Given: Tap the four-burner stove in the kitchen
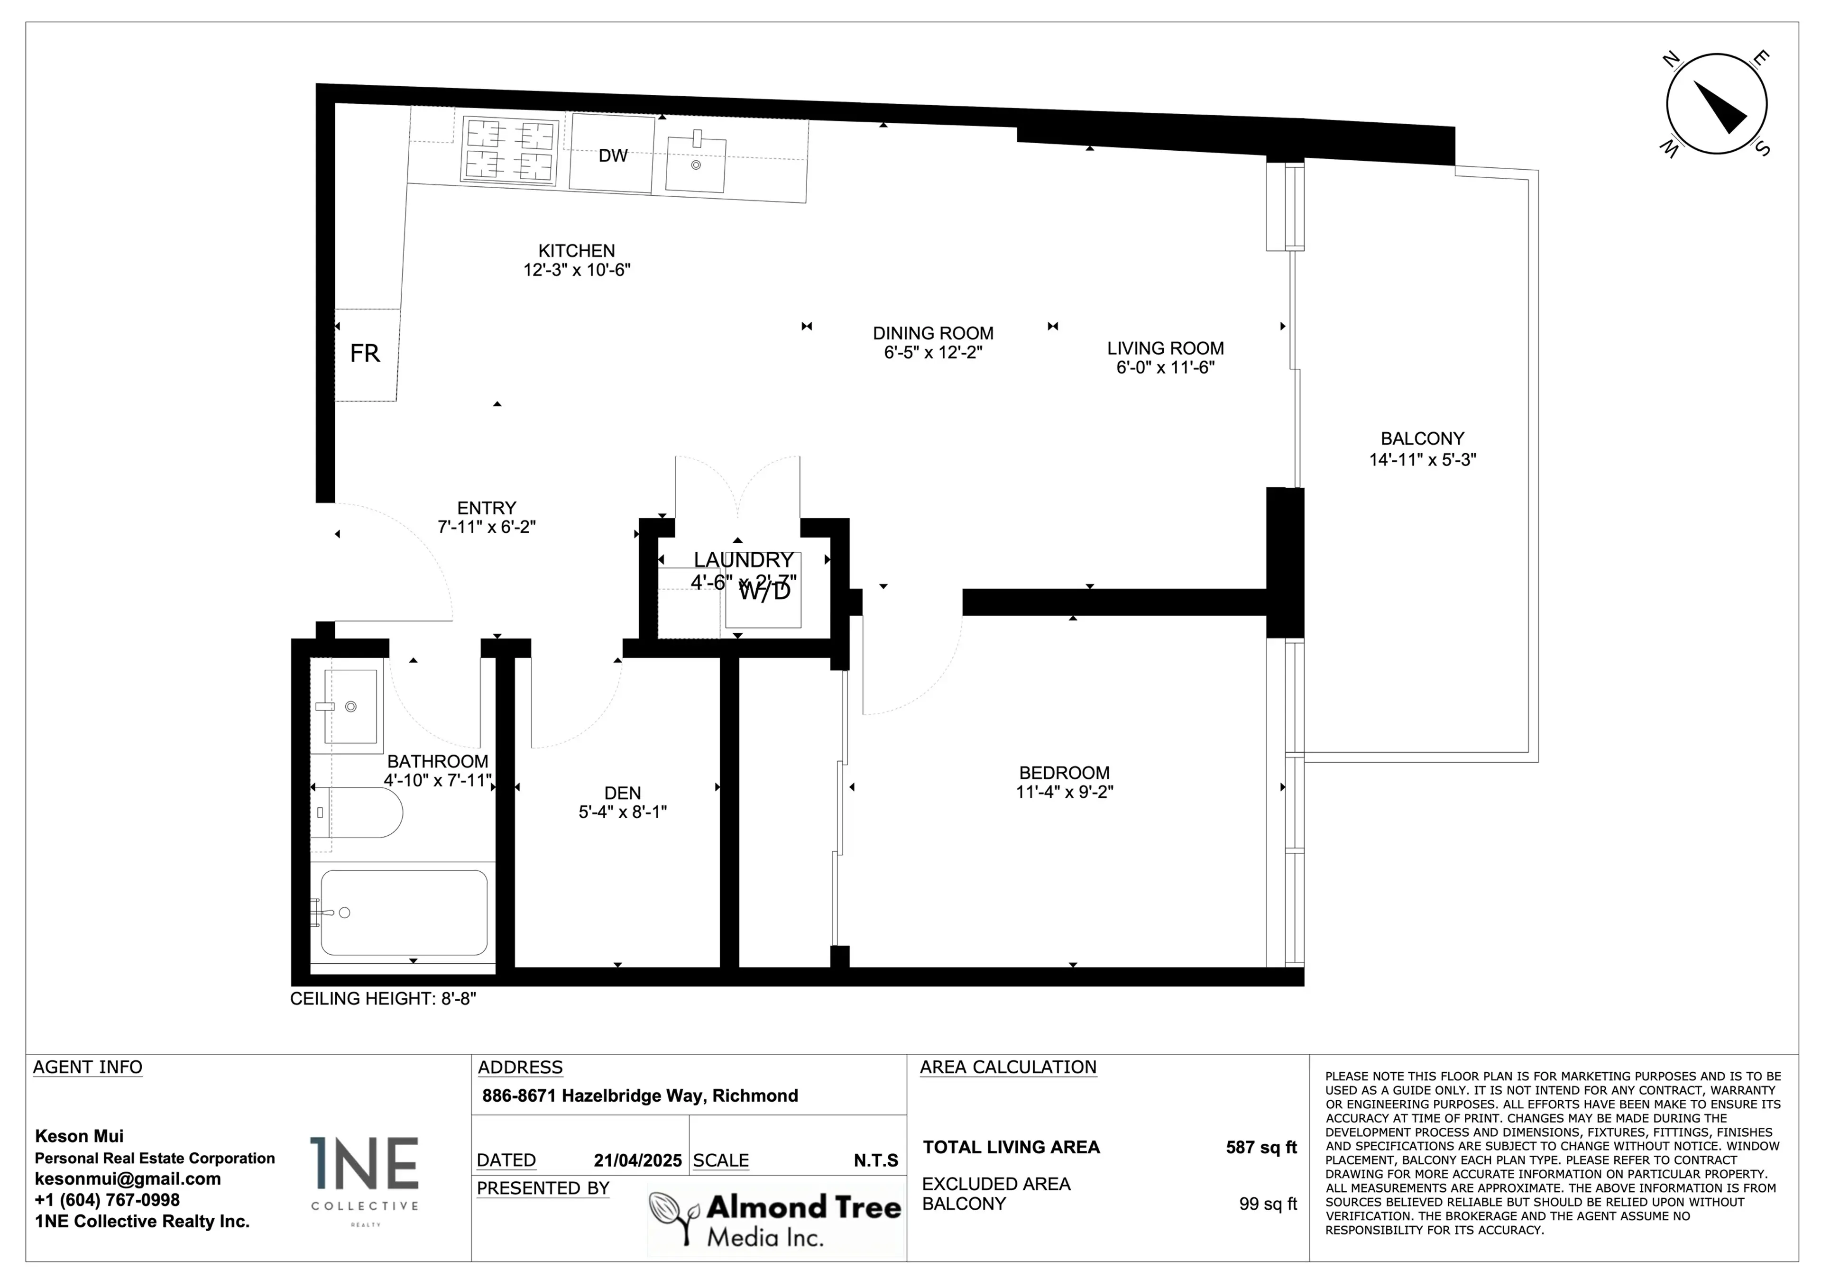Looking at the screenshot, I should pyautogui.click(x=509, y=151).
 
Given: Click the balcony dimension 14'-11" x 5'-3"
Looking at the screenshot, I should pyautogui.click(x=1422, y=460).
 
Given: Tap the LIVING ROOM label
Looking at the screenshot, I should pyautogui.click(x=1165, y=348).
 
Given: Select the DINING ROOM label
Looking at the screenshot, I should pyautogui.click(x=933, y=333).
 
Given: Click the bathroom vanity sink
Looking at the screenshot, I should pyautogui.click(x=350, y=706).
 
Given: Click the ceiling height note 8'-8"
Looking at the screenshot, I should pyautogui.click(x=383, y=998).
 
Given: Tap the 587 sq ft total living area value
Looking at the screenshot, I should pyautogui.click(x=1261, y=1148).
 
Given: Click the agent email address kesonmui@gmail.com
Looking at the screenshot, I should pyautogui.click(x=128, y=1179).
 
